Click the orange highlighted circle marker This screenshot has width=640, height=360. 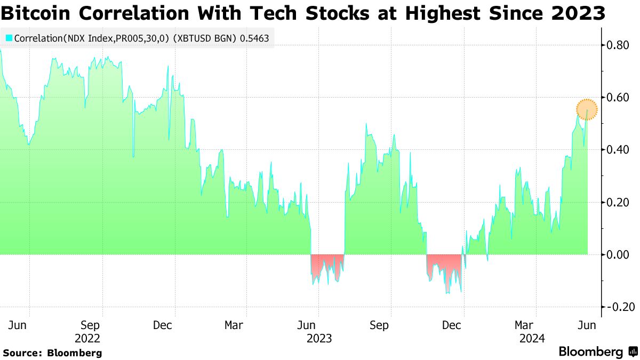(587, 109)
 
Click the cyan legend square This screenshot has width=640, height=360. (9, 38)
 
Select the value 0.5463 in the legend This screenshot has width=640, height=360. (254, 38)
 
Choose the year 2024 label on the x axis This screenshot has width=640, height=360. (532, 338)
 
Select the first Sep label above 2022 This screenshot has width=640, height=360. (90, 325)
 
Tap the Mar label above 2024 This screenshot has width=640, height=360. (524, 325)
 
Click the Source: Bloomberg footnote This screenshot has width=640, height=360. (52, 353)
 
